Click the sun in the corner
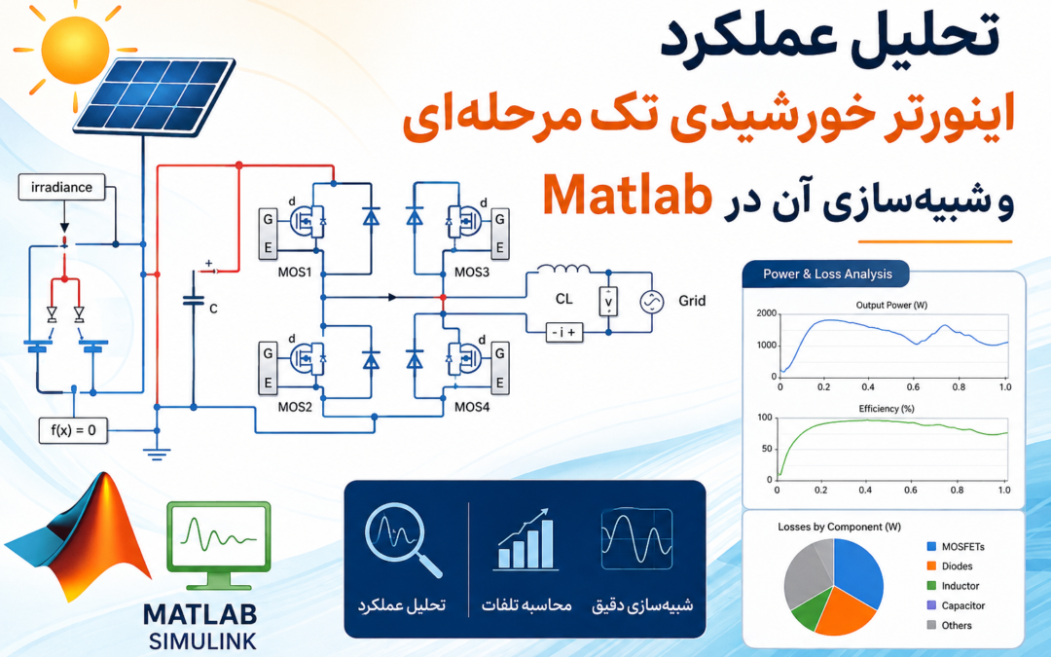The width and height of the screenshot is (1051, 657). click(x=74, y=50)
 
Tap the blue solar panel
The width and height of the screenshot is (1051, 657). click(x=154, y=94)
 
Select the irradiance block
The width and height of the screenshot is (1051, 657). click(x=61, y=187)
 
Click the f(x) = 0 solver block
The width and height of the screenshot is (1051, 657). click(x=73, y=430)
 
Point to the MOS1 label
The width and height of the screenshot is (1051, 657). click(x=295, y=273)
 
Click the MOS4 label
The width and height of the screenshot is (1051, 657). click(x=472, y=407)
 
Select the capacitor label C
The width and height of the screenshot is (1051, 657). click(x=213, y=309)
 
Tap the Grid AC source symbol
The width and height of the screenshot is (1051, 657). click(x=651, y=302)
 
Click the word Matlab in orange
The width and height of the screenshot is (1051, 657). click(x=627, y=196)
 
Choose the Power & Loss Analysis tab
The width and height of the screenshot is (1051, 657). click(x=826, y=274)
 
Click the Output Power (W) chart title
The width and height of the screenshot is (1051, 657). click(x=891, y=305)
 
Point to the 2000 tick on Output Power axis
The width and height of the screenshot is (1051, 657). click(x=766, y=313)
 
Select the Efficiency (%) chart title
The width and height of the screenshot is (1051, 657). click(x=887, y=408)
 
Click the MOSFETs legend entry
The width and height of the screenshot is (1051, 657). click(x=956, y=546)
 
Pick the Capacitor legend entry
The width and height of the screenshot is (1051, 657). click(x=956, y=605)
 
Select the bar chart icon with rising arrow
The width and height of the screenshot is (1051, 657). click(x=526, y=539)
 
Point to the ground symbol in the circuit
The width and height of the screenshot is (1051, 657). click(x=156, y=454)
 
